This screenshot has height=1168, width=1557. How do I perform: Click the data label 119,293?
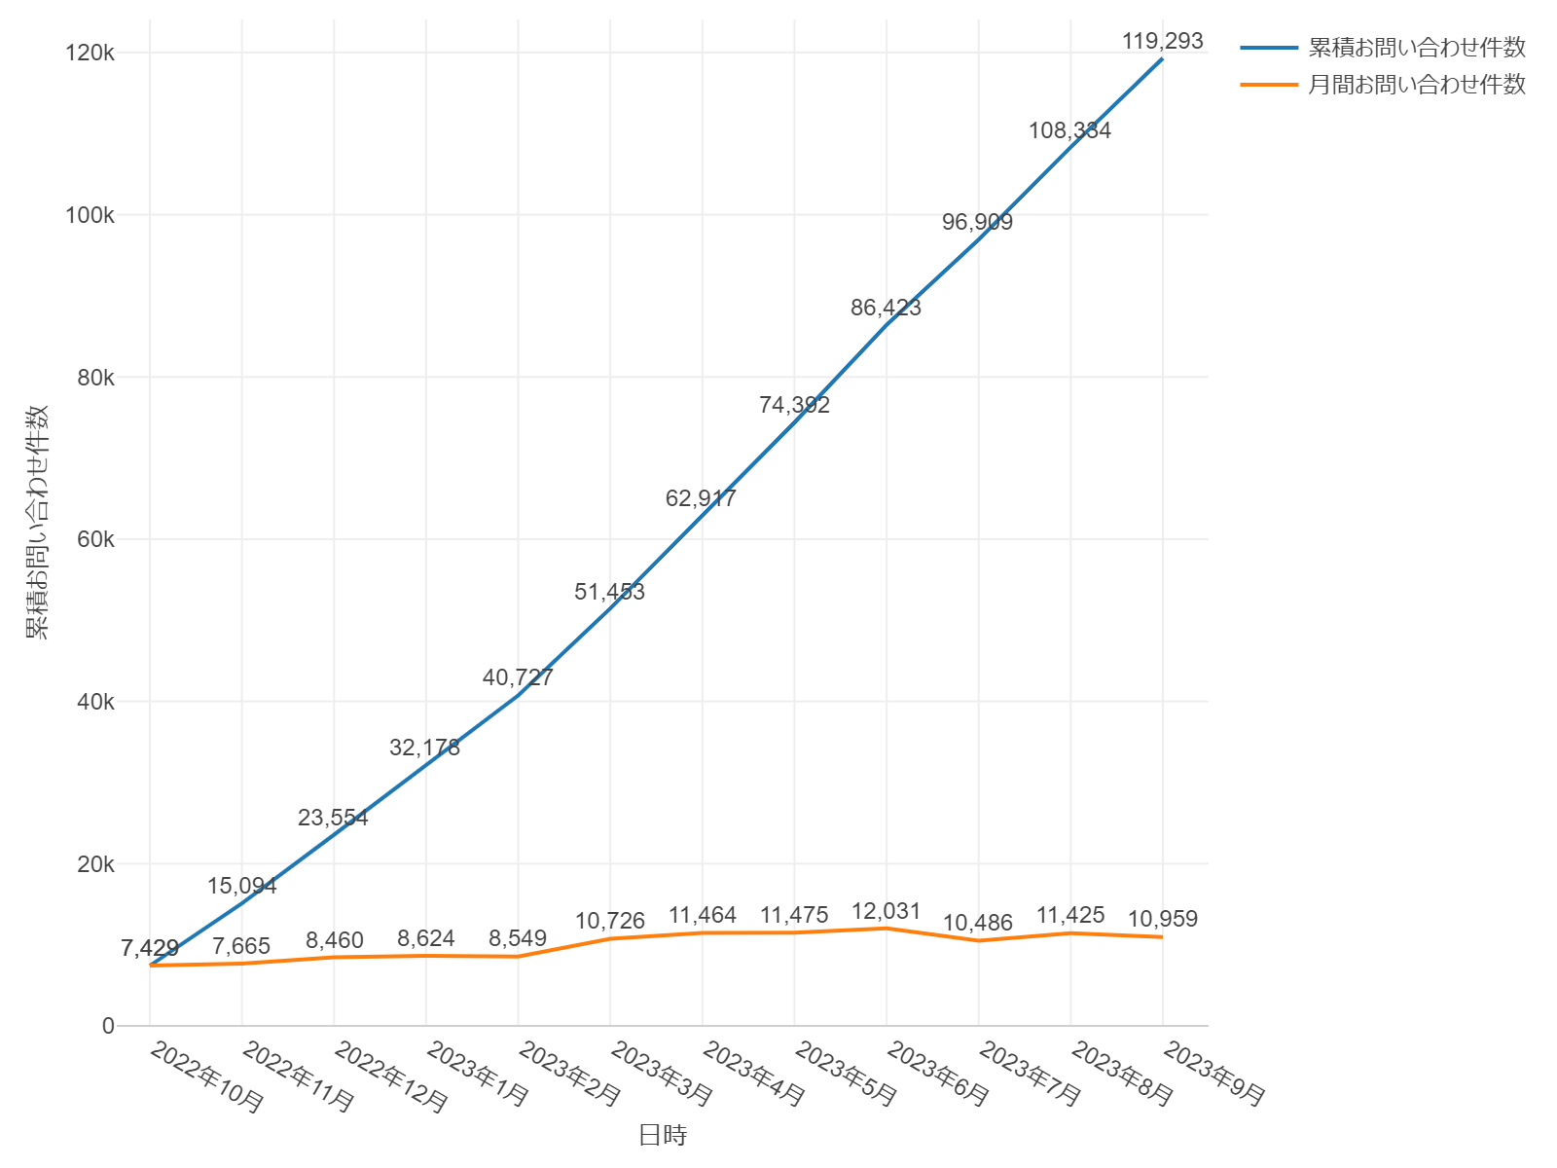pyautogui.click(x=1162, y=41)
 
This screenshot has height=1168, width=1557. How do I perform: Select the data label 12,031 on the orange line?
pyautogui.click(x=886, y=911)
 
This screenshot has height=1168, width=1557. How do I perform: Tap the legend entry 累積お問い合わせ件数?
pyautogui.click(x=1416, y=47)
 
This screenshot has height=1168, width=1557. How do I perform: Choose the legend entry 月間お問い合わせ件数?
pyautogui.click(x=1416, y=85)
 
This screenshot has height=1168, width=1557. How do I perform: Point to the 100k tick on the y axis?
pyautogui.click(x=90, y=215)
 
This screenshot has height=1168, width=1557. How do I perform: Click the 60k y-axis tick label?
pyautogui.click(x=95, y=539)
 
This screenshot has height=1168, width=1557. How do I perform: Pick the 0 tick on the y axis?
pyautogui.click(x=108, y=1026)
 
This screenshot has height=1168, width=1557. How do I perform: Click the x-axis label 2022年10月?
pyautogui.click(x=206, y=1077)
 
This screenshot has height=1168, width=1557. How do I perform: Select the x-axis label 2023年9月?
pyautogui.click(x=1214, y=1075)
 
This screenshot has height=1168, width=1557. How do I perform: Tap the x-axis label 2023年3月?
pyautogui.click(x=662, y=1075)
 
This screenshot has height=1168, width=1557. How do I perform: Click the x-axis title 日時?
pyautogui.click(x=663, y=1135)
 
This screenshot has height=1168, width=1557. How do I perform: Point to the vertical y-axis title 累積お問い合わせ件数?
pyautogui.click(x=37, y=522)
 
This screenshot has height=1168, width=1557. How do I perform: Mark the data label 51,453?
pyautogui.click(x=609, y=592)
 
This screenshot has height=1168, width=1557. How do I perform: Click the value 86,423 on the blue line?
pyautogui.click(x=886, y=308)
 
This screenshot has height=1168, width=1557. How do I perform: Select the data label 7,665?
pyautogui.click(x=241, y=946)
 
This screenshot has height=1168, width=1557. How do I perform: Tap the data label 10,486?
pyautogui.click(x=978, y=923)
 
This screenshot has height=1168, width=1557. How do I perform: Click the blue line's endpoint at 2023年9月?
pyautogui.click(x=1162, y=59)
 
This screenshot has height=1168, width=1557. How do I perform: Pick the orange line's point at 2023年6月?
pyautogui.click(x=887, y=929)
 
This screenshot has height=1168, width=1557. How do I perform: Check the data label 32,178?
pyautogui.click(x=425, y=748)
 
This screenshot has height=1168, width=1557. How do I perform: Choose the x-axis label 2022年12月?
pyautogui.click(x=390, y=1077)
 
